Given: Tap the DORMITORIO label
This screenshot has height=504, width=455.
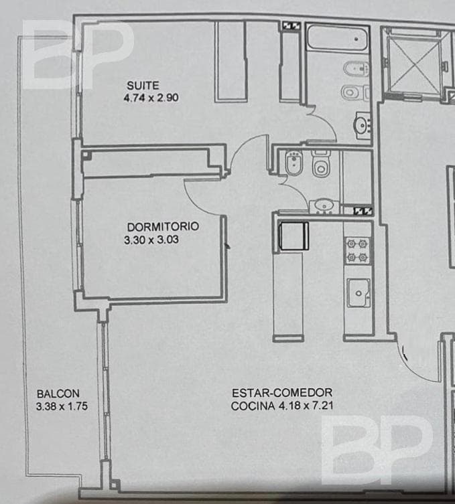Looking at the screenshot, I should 162,226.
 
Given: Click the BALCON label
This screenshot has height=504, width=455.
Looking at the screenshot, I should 58,394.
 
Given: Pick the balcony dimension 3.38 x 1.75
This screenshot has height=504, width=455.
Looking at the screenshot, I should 63,405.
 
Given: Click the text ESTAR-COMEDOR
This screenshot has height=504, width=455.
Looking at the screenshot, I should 282,393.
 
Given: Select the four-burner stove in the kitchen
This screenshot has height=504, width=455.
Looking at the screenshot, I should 357,250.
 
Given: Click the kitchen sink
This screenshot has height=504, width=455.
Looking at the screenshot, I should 358,292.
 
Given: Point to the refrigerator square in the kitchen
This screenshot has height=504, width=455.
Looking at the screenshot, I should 293,235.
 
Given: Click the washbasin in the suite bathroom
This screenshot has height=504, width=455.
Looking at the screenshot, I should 362,124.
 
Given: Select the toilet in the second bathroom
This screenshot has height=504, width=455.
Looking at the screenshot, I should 321,165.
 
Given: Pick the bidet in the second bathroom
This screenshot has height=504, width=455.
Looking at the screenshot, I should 293,163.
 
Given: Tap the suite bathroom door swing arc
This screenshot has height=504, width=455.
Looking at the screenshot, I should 322,124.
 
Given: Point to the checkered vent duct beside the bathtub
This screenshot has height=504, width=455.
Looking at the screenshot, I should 291,25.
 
